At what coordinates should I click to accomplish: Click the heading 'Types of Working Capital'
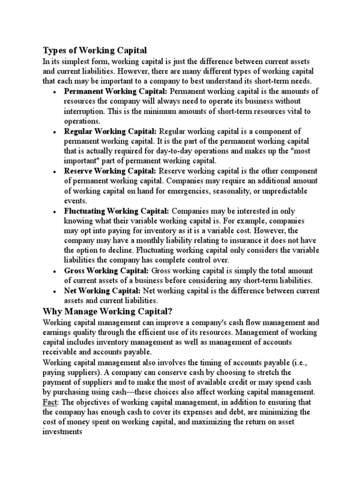click(95, 50)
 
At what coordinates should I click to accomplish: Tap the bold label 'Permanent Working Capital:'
click(115, 91)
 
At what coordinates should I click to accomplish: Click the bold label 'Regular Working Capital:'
click(111, 130)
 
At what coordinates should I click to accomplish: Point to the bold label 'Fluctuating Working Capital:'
click(116, 210)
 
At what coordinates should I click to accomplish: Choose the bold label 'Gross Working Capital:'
click(106, 270)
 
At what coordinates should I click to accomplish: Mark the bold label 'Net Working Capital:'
click(102, 290)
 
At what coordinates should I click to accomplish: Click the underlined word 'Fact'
click(50, 402)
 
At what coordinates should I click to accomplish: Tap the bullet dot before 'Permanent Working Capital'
click(56, 92)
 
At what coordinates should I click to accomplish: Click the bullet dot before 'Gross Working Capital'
click(56, 271)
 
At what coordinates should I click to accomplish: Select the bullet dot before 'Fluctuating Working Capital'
click(56, 211)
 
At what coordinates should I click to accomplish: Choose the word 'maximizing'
click(227, 422)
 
